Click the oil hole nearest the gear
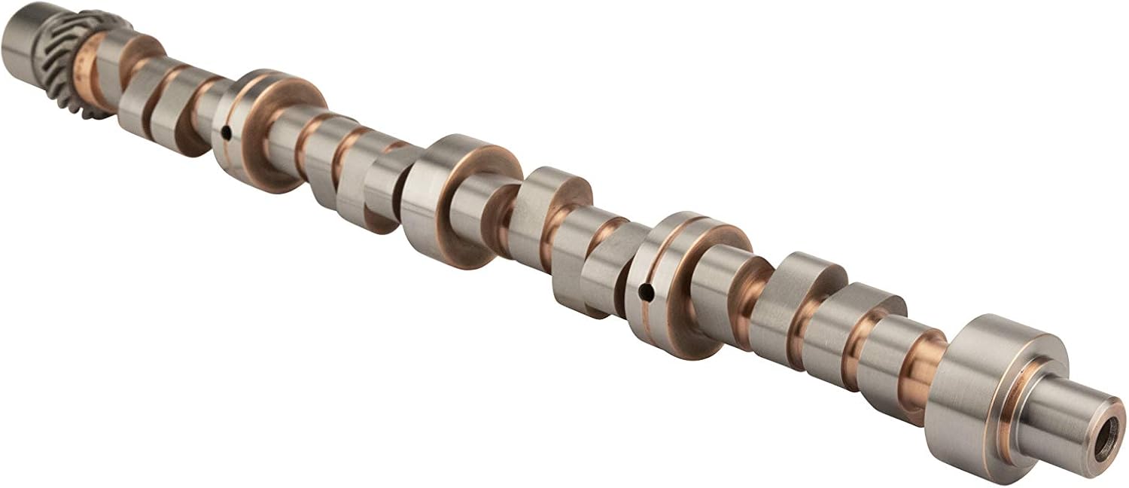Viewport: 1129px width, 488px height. [x=226, y=133]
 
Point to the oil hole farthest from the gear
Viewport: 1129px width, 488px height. [x=645, y=288]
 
